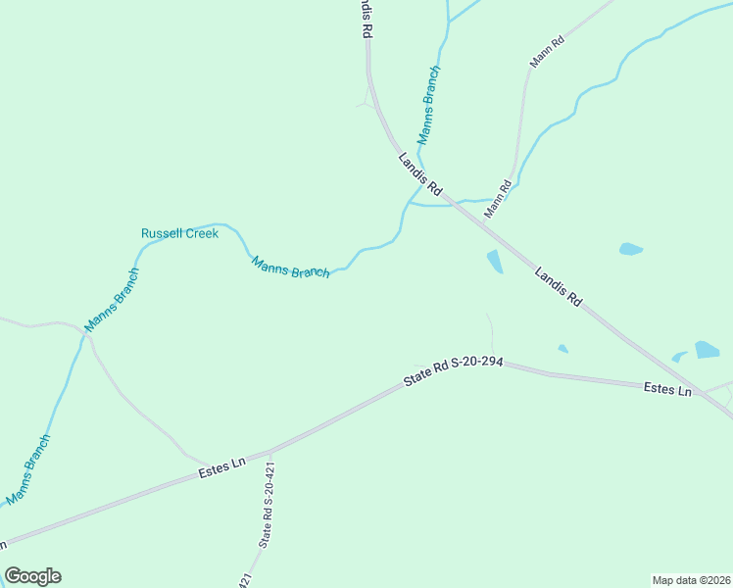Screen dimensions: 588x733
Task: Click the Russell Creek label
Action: coord(179,233)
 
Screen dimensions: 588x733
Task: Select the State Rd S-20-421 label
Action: coord(267,506)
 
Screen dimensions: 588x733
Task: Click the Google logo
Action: coord(32,576)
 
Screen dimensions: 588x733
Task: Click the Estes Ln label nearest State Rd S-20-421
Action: coord(223,465)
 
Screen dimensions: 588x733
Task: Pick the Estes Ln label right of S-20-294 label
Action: coord(667,389)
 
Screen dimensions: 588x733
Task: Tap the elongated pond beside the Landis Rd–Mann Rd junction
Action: coord(494,261)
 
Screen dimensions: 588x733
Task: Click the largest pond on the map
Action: coord(707,349)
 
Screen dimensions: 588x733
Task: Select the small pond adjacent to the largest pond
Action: coord(679,357)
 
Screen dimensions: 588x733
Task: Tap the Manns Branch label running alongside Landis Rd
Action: coord(429,106)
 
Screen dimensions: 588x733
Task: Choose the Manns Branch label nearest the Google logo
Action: coord(28,470)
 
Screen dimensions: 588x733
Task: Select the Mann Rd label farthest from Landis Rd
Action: coord(548,52)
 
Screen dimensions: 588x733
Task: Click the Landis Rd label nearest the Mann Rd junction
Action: coord(421,173)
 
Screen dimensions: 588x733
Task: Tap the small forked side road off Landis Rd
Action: coord(367,98)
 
